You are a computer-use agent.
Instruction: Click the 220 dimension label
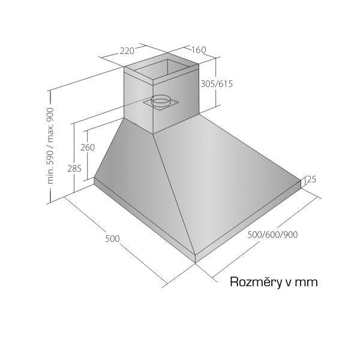[x=127, y=51]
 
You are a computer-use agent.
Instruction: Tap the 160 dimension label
[x=199, y=50]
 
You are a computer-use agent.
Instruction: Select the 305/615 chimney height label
[x=217, y=84]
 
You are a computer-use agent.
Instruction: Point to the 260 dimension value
[x=88, y=148]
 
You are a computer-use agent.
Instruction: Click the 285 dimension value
[x=74, y=169]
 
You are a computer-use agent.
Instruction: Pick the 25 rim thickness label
[x=311, y=179]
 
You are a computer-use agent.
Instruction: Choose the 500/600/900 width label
[x=273, y=235]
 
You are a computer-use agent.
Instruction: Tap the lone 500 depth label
[x=113, y=239]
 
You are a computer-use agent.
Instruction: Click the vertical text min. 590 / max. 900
[x=50, y=146]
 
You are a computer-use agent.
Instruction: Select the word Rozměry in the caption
[x=256, y=282]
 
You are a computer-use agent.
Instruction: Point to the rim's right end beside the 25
[x=301, y=184]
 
